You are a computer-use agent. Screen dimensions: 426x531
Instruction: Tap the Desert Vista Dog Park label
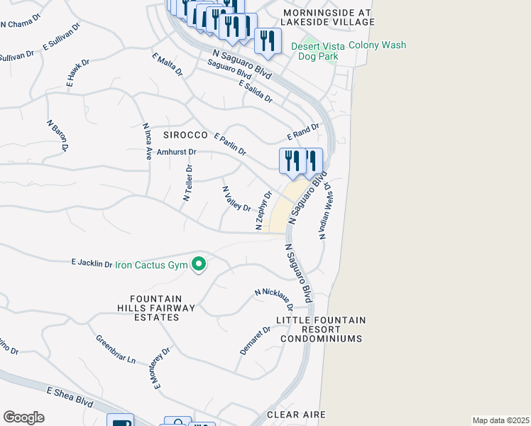(x=321, y=51)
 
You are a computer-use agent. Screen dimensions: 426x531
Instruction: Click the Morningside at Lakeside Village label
(x=328, y=18)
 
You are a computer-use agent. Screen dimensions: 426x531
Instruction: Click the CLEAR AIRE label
(x=296, y=414)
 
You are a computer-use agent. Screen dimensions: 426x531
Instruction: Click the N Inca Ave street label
(x=147, y=141)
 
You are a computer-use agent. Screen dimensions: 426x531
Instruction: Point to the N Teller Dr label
(x=188, y=183)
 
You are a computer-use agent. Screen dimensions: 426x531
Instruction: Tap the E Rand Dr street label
(x=304, y=131)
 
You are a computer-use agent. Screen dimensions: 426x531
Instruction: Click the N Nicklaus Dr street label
(x=275, y=299)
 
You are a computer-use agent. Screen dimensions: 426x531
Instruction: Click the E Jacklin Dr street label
(x=92, y=263)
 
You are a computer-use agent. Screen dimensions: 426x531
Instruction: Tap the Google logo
(x=23, y=417)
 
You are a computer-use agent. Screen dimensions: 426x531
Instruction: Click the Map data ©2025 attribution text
(x=500, y=420)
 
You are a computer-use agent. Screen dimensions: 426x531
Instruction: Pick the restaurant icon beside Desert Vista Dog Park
(x=267, y=40)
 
